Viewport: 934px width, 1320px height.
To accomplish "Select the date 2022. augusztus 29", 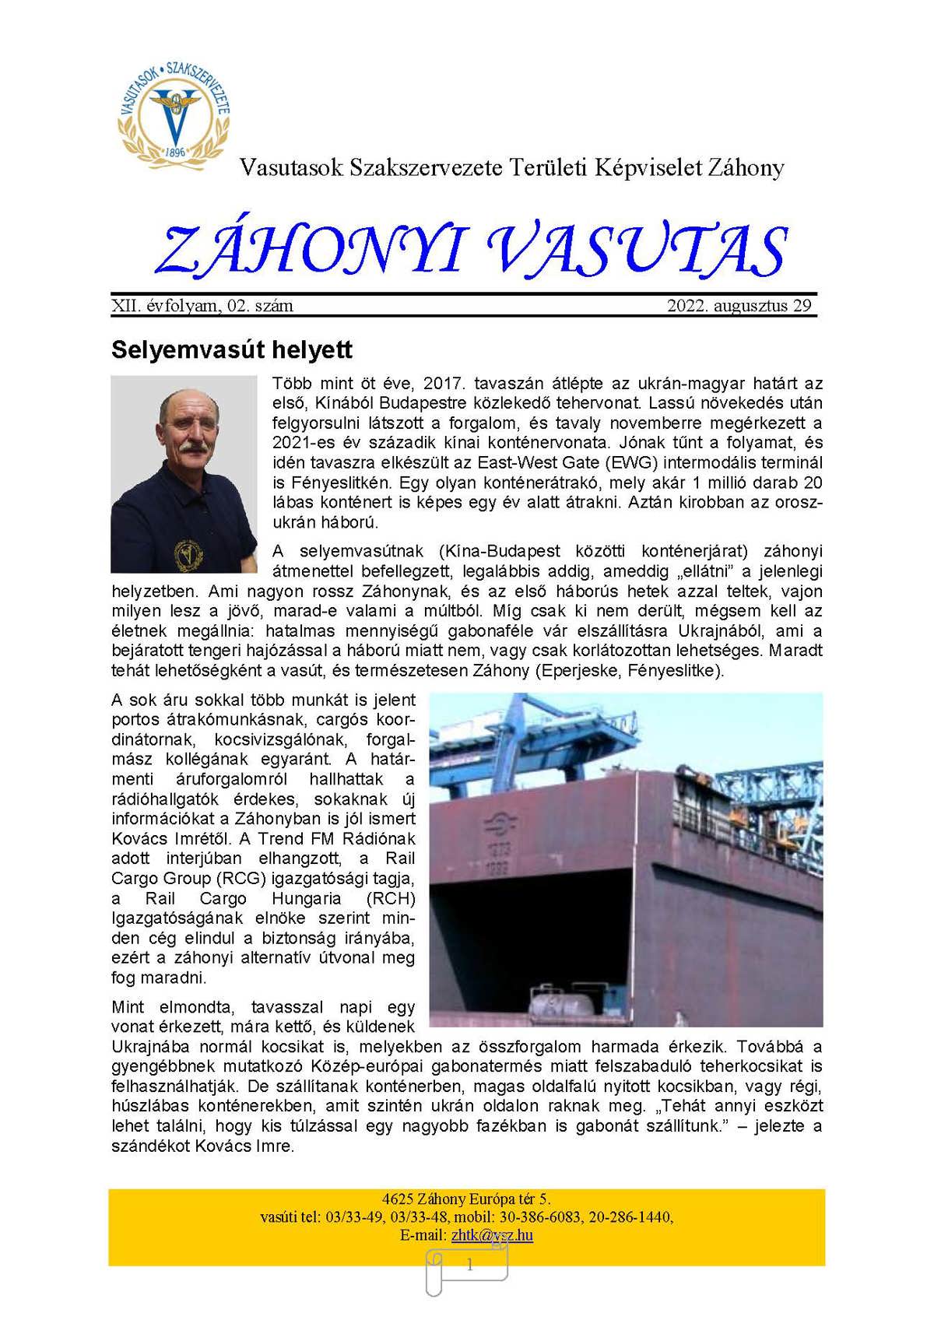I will [x=739, y=306].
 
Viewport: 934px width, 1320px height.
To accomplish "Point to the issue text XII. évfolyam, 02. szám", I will [x=202, y=306].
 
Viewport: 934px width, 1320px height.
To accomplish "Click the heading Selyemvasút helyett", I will [x=232, y=349].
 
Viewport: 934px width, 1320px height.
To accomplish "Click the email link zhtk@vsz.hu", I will [x=492, y=1235].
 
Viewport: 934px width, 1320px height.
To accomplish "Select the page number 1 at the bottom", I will [x=469, y=1266].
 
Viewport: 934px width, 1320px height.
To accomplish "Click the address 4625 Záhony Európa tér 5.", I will [x=466, y=1199].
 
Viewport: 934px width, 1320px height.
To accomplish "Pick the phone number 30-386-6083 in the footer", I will [x=541, y=1217].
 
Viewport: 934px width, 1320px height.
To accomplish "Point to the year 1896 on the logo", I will [x=175, y=152].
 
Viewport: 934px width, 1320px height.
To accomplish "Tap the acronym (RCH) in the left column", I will [x=390, y=899].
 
